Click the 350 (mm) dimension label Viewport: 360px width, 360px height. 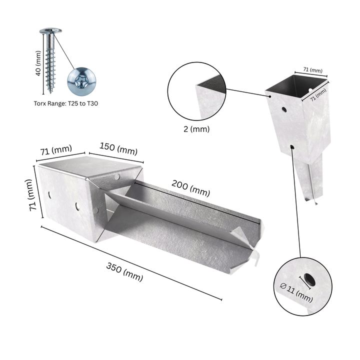pos(124,272)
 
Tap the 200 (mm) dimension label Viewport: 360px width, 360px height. pos(191,188)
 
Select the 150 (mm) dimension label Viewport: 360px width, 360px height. pos(118,149)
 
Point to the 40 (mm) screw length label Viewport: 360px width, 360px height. pos(38,63)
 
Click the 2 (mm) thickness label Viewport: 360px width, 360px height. pos(196,129)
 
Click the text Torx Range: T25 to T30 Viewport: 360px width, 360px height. pos(66,103)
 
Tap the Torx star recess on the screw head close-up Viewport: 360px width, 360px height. pos(81,82)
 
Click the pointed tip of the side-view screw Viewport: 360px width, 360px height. pos(50,92)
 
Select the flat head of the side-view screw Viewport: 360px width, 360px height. pos(50,30)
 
